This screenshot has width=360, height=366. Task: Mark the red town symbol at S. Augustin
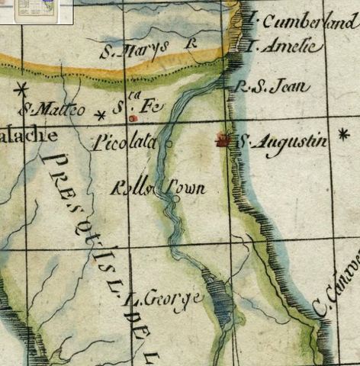223,139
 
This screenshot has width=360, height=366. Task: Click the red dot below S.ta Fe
133,119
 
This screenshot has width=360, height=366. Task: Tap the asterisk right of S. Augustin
343,134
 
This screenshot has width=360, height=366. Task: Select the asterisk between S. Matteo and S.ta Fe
100,115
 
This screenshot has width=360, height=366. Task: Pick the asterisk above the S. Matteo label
21,88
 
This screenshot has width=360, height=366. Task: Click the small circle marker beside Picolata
168,143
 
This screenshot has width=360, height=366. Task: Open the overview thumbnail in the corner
36,11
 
